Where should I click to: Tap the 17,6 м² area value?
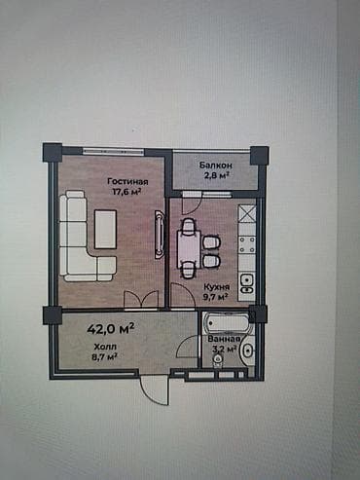point(126,193)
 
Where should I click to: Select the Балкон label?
point(215,166)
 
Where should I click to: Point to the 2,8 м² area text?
point(215,176)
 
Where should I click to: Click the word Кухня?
point(216,288)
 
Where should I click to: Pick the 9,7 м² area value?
point(216,299)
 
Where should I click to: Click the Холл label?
point(103,347)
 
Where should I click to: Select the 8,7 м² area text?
point(104,357)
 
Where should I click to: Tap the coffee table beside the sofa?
point(105,229)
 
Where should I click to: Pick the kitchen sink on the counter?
point(247,283)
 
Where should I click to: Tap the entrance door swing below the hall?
point(153,389)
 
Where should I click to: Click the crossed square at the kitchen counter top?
point(246,211)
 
